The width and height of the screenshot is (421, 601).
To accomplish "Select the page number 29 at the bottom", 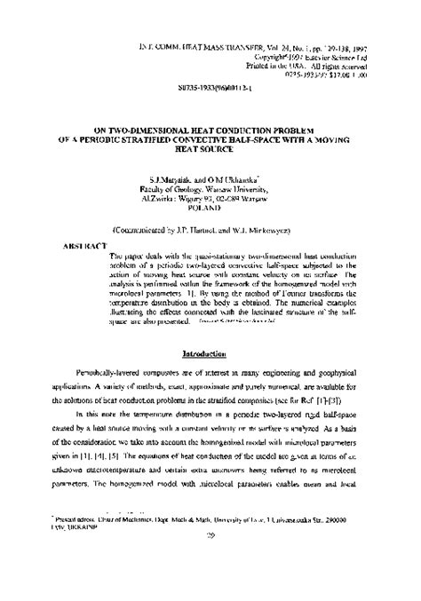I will point(210,586).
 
